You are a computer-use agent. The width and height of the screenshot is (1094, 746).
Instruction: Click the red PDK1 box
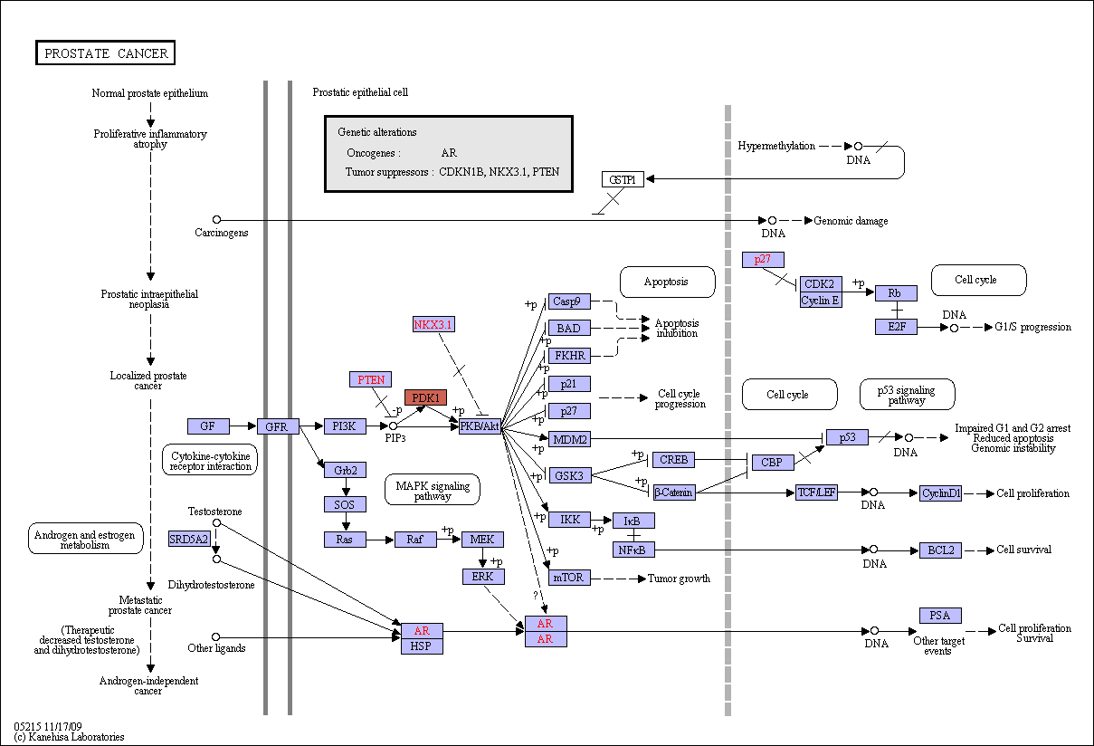pos(425,397)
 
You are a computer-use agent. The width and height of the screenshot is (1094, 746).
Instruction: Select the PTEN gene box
pos(370,379)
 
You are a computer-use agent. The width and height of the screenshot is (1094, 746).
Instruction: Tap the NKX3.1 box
pos(433,324)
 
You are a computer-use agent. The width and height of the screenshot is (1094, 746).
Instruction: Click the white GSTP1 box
pos(623,179)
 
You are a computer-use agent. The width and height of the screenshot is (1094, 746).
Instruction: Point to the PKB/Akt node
pos(480,426)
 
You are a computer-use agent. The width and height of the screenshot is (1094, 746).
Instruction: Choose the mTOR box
pos(569,578)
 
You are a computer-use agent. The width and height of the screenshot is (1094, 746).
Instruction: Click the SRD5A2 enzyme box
pos(189,539)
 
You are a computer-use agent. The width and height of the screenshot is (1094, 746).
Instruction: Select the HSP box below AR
pos(422,646)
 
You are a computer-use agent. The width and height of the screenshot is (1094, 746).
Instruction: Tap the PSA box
pos(940,616)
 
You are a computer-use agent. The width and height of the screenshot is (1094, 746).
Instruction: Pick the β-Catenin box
pos(674,493)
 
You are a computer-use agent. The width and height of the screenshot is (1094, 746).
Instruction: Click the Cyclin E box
pos(821,301)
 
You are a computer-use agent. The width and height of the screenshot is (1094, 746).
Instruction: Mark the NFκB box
pos(633,550)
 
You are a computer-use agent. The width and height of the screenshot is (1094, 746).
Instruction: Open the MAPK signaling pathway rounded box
pos(433,490)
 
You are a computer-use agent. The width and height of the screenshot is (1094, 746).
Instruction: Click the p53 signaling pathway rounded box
pos(907,394)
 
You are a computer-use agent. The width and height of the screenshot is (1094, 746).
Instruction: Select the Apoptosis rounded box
pos(667,282)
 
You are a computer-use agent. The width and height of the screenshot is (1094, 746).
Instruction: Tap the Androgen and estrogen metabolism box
pos(85,539)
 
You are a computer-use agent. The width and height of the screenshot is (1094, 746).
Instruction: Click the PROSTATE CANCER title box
pos(106,53)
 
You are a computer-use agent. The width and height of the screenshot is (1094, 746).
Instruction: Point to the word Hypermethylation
pos(776,146)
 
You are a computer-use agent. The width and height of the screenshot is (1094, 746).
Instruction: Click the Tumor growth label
pos(679,579)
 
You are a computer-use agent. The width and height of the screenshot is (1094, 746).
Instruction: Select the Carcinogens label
pos(221,233)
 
